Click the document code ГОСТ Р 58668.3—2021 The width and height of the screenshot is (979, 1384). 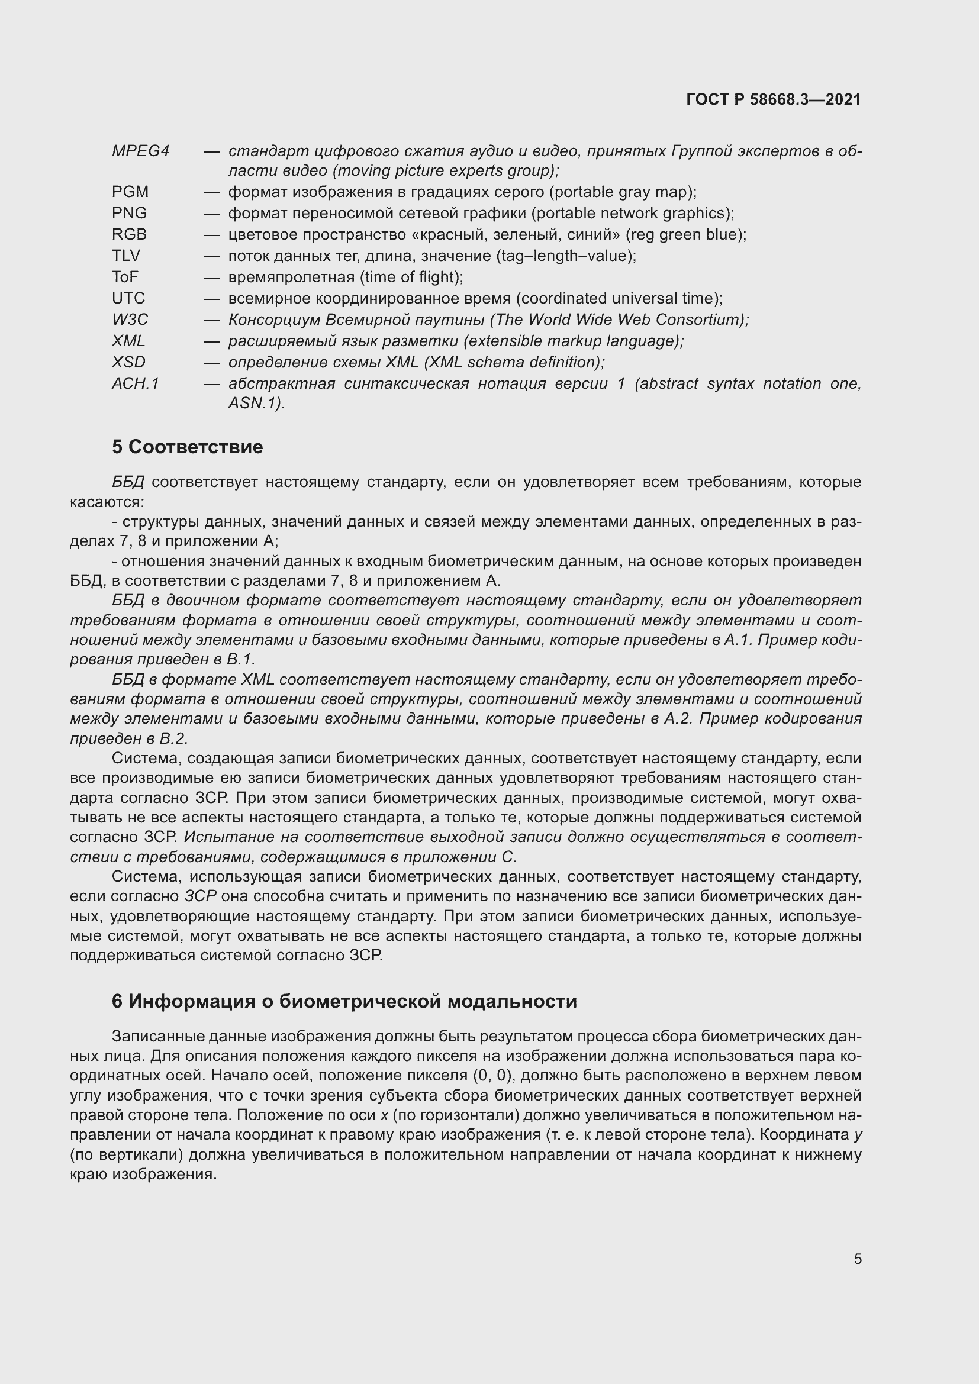(774, 99)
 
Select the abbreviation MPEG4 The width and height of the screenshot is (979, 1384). (140, 151)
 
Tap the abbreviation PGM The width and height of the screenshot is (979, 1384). (130, 192)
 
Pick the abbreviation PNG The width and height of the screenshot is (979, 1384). (130, 213)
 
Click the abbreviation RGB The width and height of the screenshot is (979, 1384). (130, 234)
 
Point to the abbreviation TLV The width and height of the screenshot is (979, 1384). (126, 256)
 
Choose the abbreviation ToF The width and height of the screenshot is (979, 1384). (125, 277)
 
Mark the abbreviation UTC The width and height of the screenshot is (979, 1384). (128, 298)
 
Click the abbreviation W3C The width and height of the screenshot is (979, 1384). (130, 320)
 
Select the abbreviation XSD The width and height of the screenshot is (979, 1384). (129, 362)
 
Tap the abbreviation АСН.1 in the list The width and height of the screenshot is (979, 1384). (136, 383)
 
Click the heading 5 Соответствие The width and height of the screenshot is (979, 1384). (188, 447)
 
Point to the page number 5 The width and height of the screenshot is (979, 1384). (857, 1259)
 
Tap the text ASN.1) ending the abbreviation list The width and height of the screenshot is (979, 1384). (257, 404)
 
